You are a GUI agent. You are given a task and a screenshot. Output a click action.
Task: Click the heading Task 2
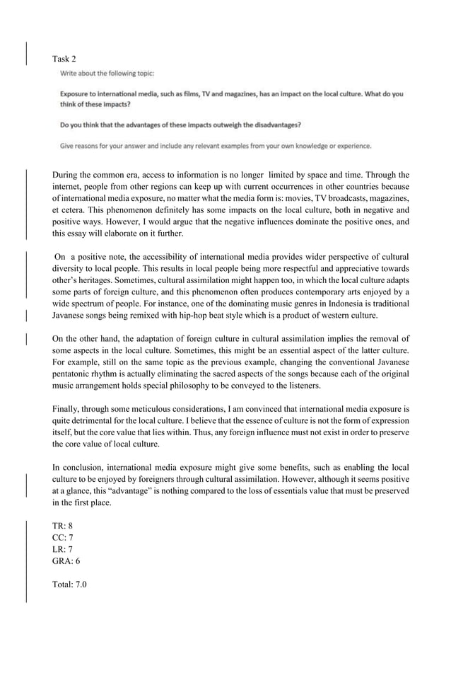[x=64, y=58]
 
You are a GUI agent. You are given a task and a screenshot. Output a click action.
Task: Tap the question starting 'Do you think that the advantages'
[x=180, y=125]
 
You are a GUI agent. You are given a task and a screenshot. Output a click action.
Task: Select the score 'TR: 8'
[x=63, y=526]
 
